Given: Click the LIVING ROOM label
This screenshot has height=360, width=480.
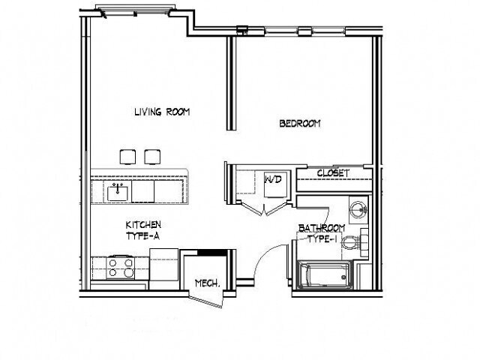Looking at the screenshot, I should (162, 112).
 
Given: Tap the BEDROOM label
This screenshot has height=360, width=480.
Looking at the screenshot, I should (300, 124).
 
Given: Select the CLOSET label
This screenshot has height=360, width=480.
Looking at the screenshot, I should (333, 173).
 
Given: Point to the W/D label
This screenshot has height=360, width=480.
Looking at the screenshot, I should (272, 180).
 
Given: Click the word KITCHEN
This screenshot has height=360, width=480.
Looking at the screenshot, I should (143, 224).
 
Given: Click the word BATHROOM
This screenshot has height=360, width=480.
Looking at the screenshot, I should (322, 227).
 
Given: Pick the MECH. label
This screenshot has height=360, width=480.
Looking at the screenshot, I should (206, 283).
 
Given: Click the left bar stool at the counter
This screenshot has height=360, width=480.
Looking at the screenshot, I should (127, 156).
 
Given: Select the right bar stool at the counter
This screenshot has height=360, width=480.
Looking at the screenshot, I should (153, 156).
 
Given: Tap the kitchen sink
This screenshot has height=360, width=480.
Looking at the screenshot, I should (118, 192).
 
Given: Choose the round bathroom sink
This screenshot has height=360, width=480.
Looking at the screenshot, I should (359, 208).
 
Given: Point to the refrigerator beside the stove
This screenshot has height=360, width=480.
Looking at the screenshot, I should (163, 267).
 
